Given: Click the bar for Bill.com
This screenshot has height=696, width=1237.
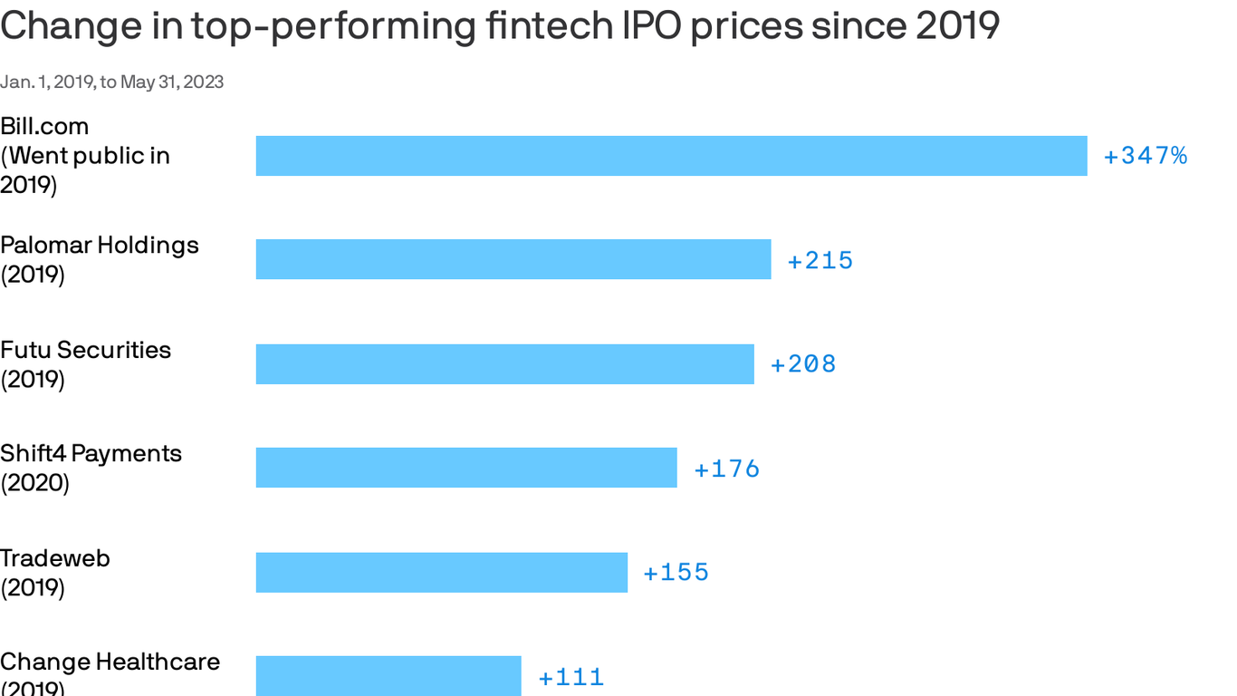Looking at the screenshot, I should click(x=671, y=156).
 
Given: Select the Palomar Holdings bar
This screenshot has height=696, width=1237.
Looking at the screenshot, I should click(x=513, y=259).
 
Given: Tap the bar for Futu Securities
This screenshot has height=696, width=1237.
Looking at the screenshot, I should click(x=504, y=363).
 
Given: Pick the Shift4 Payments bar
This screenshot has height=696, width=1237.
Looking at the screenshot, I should click(x=466, y=468).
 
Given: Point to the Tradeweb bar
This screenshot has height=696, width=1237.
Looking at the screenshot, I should click(x=442, y=572).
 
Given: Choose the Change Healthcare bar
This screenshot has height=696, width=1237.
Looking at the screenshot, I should click(x=388, y=676).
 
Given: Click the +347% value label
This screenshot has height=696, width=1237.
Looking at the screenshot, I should click(x=1145, y=156).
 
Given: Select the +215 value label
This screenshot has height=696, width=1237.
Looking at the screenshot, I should click(x=820, y=260).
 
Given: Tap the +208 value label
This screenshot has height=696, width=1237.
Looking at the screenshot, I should click(x=803, y=364).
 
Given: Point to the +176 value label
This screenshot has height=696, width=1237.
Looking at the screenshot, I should click(x=727, y=469).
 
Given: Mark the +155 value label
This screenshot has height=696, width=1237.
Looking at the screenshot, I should click(x=676, y=573).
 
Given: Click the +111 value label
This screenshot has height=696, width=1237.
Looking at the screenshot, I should click(x=571, y=677).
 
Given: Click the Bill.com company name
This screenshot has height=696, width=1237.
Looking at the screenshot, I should click(x=44, y=126).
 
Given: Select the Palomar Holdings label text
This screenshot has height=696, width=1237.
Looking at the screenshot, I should click(x=100, y=246).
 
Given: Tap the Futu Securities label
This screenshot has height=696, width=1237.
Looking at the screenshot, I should click(x=85, y=350).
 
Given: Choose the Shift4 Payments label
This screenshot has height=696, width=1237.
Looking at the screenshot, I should click(x=91, y=454).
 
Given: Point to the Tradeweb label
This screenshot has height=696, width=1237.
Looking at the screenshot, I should click(x=55, y=558).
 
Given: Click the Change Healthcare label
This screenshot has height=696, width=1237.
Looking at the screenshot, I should click(x=110, y=662).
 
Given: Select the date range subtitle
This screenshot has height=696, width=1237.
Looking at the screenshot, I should click(x=111, y=82).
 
